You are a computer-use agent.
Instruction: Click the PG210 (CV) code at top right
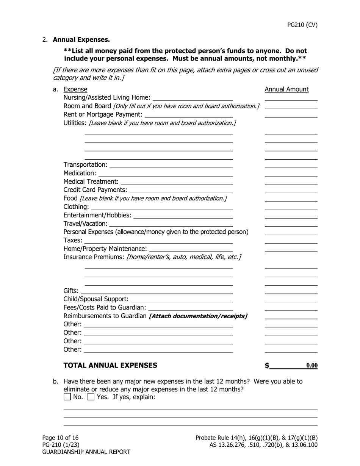click(x=302, y=25)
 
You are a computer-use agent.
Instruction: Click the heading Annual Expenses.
click(x=81, y=39)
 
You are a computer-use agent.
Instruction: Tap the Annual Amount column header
click(x=286, y=89)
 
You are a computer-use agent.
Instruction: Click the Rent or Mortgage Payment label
click(x=103, y=114)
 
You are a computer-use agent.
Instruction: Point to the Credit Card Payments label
click(x=95, y=189)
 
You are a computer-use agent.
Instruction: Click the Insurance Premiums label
click(x=94, y=257)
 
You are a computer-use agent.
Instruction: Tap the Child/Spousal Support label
click(x=96, y=299)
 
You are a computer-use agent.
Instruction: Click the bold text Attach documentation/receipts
click(x=198, y=316)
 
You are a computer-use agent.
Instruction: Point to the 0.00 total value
click(x=311, y=366)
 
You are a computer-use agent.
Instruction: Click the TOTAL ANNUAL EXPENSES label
click(x=110, y=365)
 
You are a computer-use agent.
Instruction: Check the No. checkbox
click(x=67, y=397)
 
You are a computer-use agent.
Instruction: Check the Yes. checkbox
click(x=91, y=397)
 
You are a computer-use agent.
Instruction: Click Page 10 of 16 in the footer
click(x=60, y=438)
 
